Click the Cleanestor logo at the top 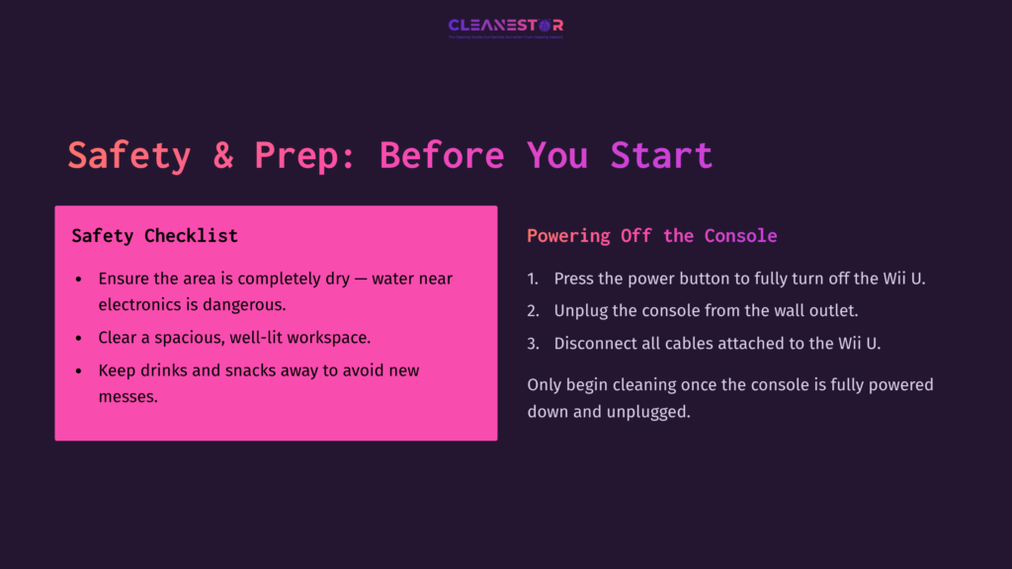pos(505,27)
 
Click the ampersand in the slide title pos(223,156)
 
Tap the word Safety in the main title pos(128,156)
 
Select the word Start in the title pos(661,156)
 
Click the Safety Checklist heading pos(155,236)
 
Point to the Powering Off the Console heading pos(651,236)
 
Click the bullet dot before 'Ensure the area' pos(79,280)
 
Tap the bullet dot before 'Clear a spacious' pos(79,338)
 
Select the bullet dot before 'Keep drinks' pos(79,371)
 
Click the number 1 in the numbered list pos(532,279)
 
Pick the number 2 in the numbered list pos(532,311)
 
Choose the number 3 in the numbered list pos(532,344)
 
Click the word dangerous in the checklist pos(244,304)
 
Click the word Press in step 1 pos(574,279)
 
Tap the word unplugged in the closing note pos(648,411)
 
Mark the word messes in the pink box pos(127,397)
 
